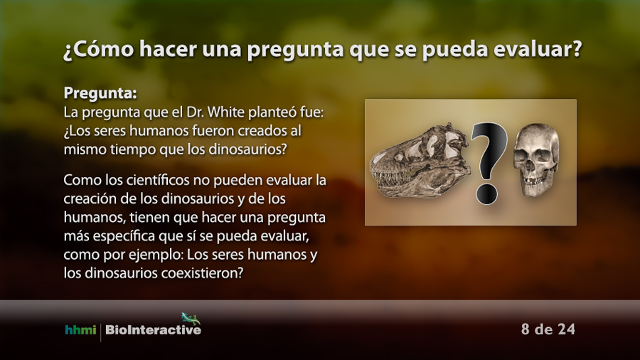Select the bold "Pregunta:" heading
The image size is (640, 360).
pos(100,93)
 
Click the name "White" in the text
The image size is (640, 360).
pos(227,112)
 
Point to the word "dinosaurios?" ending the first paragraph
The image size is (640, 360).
pos(247,149)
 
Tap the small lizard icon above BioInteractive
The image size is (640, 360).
pos(191,318)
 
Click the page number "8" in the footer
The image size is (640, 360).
pos(526,329)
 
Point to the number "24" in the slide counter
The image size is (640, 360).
pos(566,329)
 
